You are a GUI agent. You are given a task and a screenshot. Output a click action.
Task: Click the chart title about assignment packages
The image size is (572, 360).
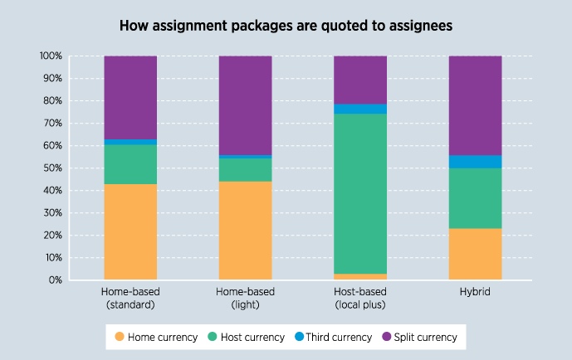(x=286, y=26)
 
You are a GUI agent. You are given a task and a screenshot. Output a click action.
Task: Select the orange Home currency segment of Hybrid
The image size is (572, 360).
(x=475, y=254)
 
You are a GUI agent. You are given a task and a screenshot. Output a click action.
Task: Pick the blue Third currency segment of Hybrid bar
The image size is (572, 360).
(x=475, y=162)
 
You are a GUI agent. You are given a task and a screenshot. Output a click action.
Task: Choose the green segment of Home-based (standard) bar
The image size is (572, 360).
(x=130, y=164)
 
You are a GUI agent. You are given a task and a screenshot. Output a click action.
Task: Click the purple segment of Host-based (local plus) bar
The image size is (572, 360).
(x=360, y=80)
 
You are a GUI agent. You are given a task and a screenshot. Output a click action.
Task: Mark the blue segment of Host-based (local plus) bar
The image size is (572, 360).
(x=360, y=109)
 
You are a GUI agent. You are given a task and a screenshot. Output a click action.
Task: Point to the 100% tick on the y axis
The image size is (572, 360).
(x=50, y=56)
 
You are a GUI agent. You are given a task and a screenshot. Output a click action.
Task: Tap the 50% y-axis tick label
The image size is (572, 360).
(x=51, y=168)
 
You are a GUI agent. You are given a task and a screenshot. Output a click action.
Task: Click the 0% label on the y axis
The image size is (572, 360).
(x=55, y=280)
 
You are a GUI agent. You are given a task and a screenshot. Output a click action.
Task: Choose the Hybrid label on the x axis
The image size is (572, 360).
(x=475, y=293)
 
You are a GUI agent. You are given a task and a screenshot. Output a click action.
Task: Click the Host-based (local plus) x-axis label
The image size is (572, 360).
(x=360, y=298)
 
